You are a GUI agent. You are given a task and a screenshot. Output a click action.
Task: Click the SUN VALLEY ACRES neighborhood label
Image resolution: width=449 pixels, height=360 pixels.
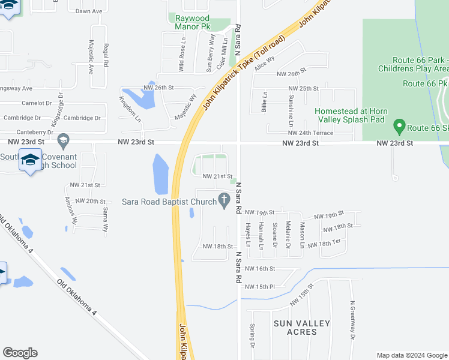[x=302, y=328]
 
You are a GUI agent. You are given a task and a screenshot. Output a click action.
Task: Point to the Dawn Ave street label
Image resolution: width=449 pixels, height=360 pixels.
[x=88, y=11]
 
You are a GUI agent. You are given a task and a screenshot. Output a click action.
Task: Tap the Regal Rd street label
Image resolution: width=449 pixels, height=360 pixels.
[x=106, y=55]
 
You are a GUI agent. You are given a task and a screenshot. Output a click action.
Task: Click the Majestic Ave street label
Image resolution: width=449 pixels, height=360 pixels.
[x=91, y=56]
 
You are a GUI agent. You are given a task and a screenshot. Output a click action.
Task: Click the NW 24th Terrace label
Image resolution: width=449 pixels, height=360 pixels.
[x=310, y=133]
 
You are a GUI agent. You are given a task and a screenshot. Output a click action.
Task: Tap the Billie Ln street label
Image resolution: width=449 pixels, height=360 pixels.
[x=264, y=102]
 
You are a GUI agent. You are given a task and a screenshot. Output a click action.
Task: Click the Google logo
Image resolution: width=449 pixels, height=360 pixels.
[x=20, y=353]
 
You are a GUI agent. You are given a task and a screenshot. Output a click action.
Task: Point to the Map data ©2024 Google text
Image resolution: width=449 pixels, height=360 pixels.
[x=411, y=355]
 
